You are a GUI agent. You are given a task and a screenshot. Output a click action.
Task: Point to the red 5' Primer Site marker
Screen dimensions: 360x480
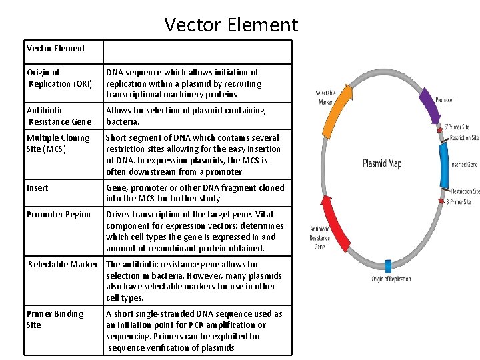click(x=440, y=131)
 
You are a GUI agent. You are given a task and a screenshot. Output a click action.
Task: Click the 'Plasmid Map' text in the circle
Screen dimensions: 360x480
click(x=382, y=163)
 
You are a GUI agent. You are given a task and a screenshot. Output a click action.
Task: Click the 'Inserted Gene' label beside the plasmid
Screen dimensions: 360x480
click(x=464, y=164)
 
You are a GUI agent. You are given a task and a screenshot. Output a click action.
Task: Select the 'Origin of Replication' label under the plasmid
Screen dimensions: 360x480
click(x=391, y=279)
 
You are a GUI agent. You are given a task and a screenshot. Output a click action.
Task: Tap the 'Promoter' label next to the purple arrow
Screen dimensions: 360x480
click(x=445, y=101)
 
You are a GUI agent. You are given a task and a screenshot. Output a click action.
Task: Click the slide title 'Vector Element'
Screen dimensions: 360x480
click(x=231, y=25)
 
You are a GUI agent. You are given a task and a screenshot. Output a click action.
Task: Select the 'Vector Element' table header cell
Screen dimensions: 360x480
click(x=56, y=48)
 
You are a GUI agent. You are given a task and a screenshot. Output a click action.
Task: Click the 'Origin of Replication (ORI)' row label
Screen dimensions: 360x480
click(x=59, y=78)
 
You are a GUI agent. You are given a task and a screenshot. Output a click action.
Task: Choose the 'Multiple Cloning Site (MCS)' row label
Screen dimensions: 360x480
click(x=58, y=143)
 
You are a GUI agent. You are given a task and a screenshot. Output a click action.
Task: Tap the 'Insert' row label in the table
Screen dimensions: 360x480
click(x=37, y=187)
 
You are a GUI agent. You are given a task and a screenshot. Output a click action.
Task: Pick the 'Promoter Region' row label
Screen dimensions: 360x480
click(x=59, y=214)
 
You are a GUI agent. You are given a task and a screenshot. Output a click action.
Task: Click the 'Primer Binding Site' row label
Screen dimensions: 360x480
click(x=55, y=319)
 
